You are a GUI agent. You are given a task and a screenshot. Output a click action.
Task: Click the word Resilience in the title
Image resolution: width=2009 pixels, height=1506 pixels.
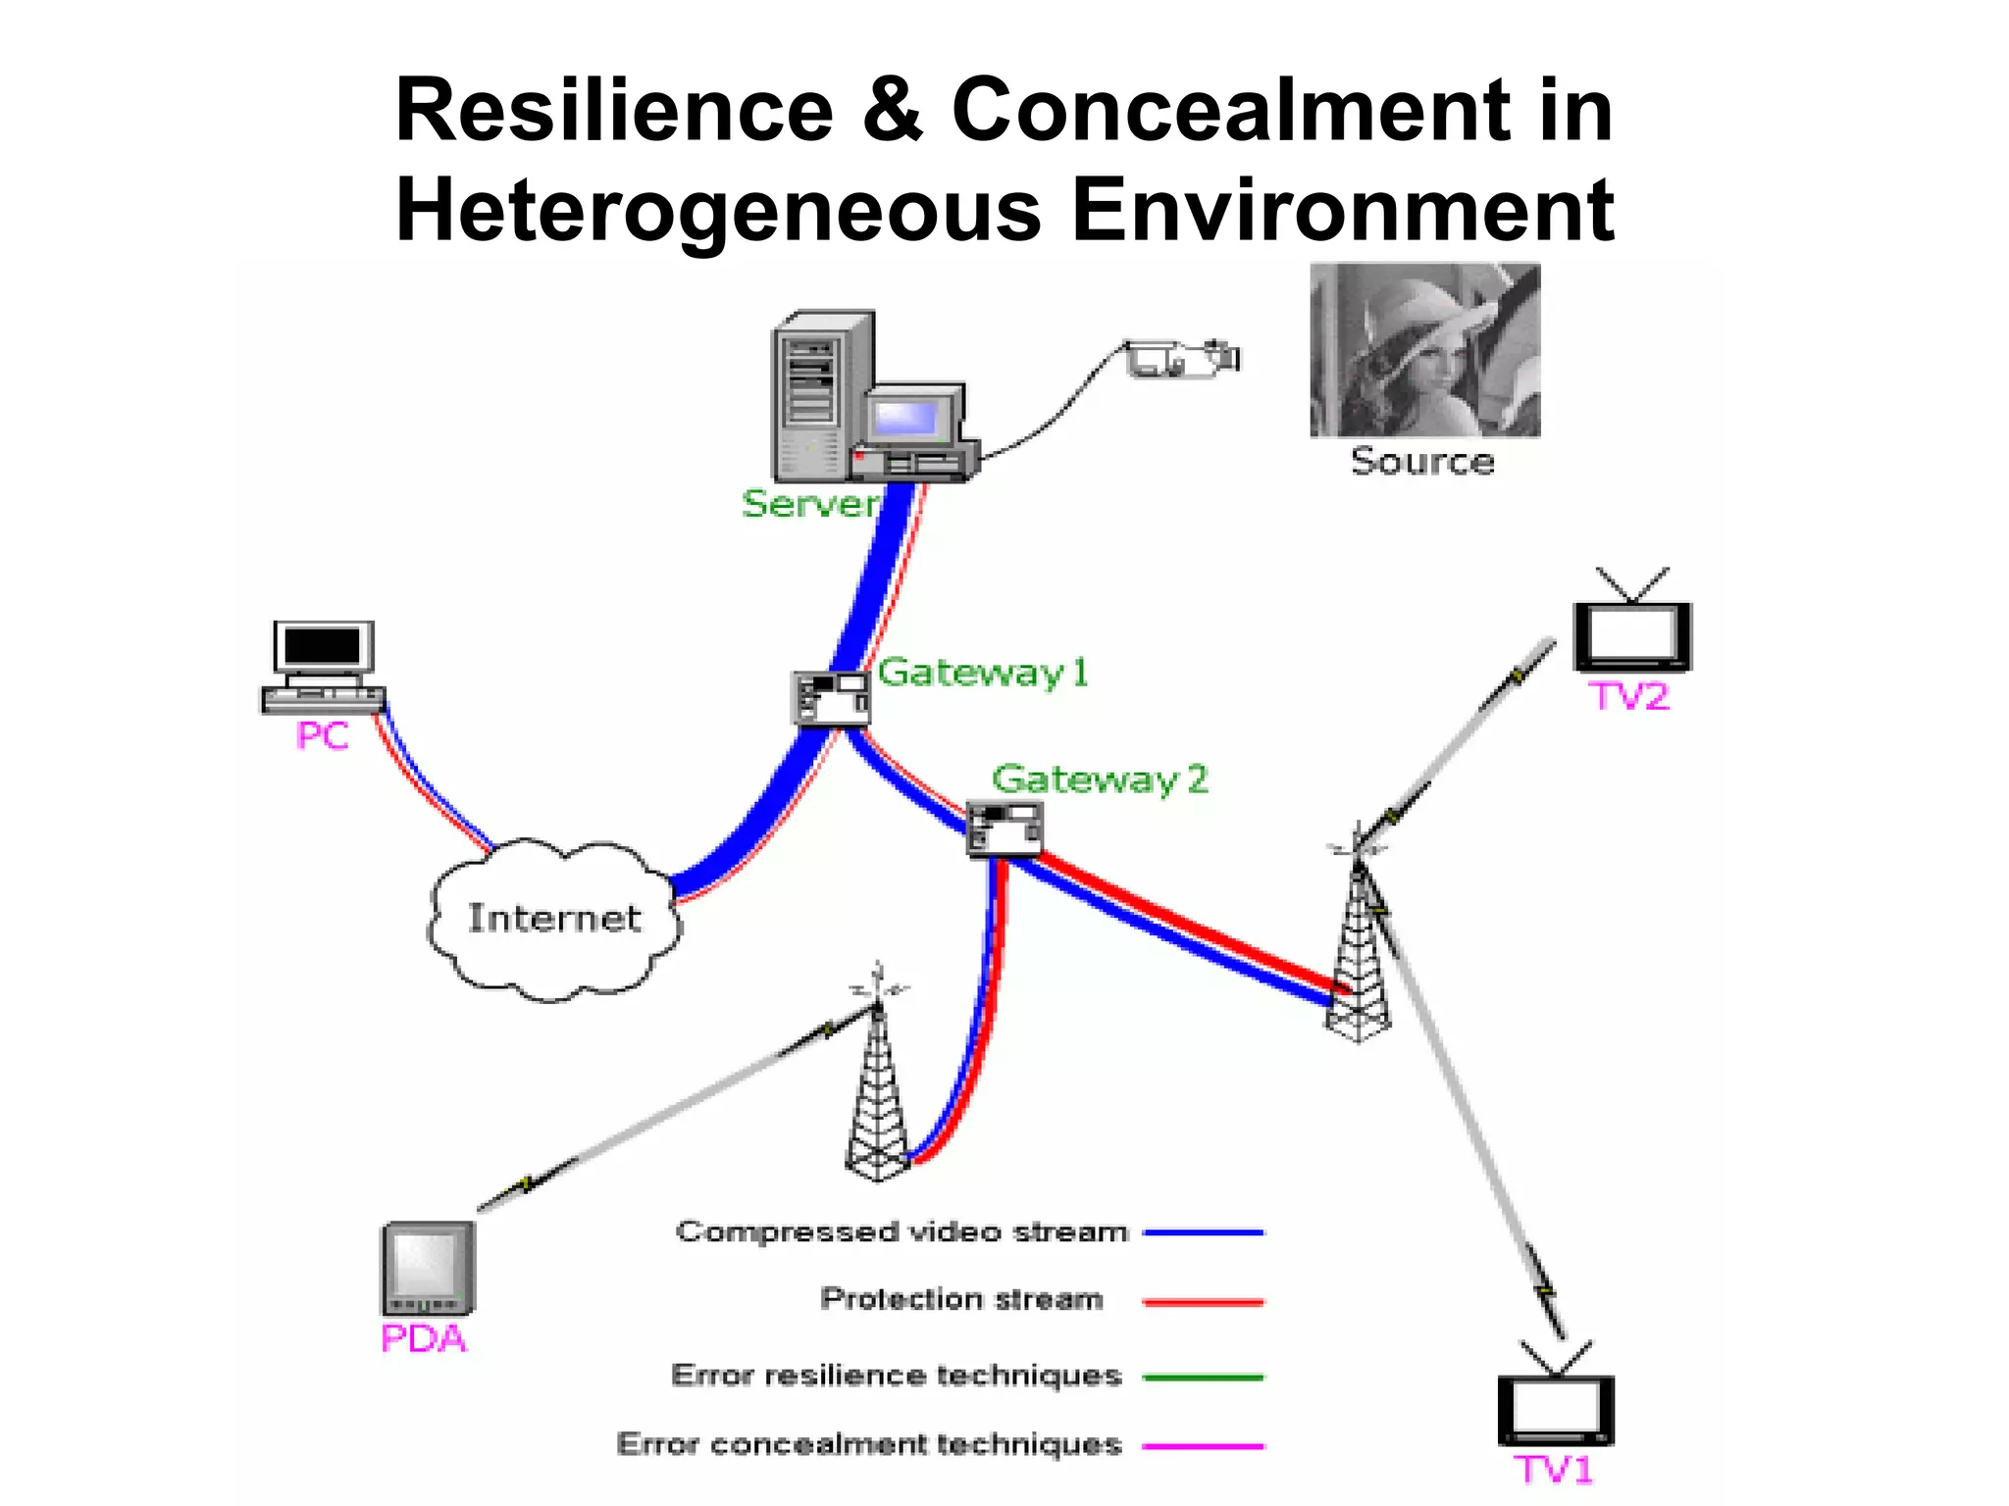614,110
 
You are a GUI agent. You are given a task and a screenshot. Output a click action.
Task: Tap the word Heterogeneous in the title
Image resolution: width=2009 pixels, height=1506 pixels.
718,210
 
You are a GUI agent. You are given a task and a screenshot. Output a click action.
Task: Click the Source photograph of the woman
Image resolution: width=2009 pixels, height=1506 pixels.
1424,350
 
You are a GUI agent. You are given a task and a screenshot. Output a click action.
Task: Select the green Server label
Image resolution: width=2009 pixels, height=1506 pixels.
809,504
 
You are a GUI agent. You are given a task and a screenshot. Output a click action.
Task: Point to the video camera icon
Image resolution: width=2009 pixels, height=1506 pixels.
1182,358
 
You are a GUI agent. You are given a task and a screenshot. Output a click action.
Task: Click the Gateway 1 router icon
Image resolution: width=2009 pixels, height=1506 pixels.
831,697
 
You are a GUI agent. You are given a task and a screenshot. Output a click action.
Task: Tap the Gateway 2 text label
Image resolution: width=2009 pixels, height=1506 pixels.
1100,779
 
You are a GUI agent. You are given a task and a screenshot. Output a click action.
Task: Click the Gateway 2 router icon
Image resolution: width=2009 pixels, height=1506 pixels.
1004,828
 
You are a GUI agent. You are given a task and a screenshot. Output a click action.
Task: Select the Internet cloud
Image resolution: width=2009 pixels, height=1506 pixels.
554,919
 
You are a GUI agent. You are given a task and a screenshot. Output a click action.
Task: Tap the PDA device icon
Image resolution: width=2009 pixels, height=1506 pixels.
428,1269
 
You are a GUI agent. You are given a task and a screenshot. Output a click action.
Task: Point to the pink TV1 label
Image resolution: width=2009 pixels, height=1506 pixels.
1554,1470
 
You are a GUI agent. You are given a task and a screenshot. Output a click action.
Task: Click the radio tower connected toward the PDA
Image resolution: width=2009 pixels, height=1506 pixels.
877,1088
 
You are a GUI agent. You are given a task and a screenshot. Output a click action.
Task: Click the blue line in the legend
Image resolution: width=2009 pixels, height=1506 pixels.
1204,1232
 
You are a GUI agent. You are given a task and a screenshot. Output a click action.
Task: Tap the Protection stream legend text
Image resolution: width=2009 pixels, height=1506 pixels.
961,1299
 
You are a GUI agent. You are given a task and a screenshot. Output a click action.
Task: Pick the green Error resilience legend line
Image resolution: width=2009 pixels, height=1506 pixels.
1204,1378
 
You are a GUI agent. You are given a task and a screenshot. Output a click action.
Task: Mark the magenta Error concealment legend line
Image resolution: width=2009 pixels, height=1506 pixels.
1204,1446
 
